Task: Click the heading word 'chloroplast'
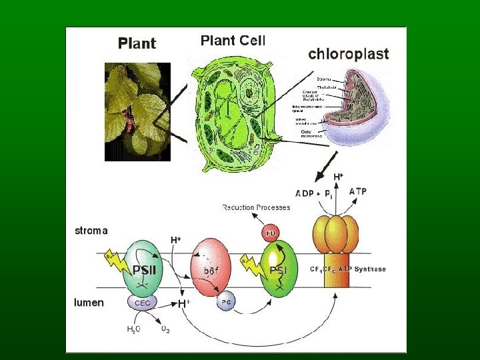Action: point(348,54)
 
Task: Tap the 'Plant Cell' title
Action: point(233,40)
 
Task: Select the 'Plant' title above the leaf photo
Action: point(137,44)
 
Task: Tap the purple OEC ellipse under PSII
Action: point(143,302)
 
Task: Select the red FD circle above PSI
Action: point(271,233)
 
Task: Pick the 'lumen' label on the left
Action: point(89,302)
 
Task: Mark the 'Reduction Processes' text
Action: point(256,207)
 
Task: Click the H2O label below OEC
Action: point(134,328)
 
